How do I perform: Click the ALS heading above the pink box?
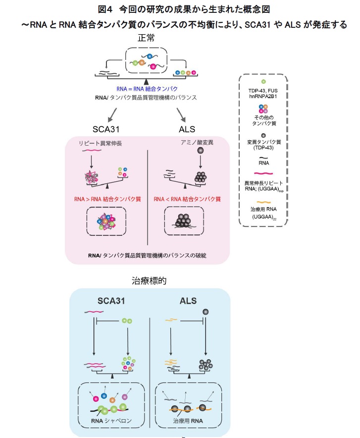tap(187, 129)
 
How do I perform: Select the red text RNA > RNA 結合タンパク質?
tap(108, 199)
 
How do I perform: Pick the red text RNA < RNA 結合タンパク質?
tap(187, 199)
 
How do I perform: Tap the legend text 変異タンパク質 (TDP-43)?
tap(263, 144)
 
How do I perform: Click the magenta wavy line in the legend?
tap(263, 174)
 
